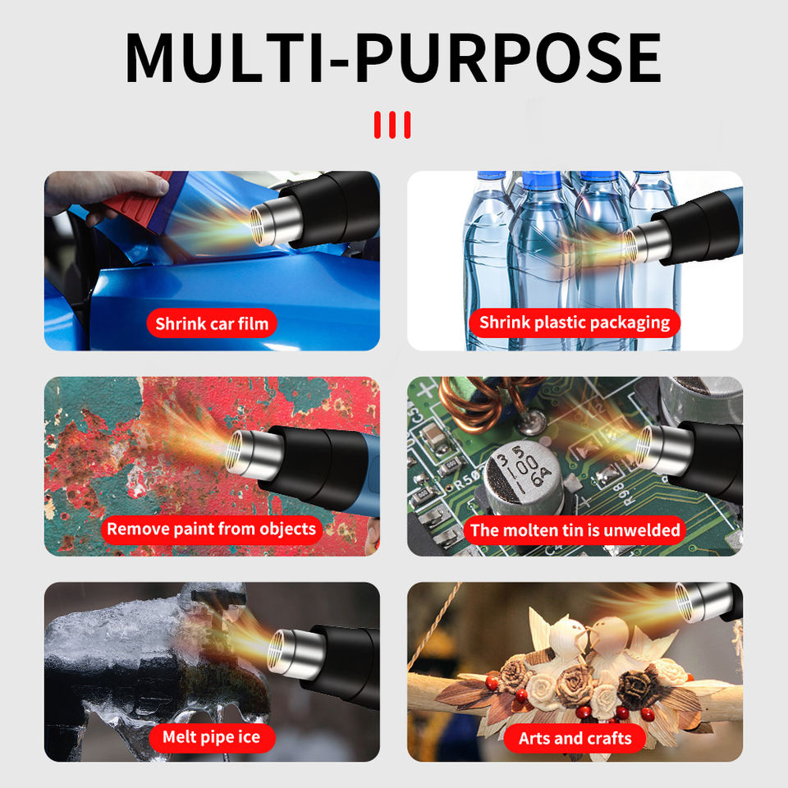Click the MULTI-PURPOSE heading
point(392,57)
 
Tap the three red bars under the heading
point(392,125)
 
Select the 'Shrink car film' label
point(212,323)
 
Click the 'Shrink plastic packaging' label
point(575,323)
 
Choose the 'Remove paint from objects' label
point(212,529)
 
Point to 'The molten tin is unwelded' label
point(575,530)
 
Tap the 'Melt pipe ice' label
point(212,737)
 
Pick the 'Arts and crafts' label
point(575,738)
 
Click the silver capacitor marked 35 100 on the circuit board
point(523,476)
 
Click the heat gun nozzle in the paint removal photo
point(253,454)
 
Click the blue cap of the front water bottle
point(542,181)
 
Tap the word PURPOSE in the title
point(508,57)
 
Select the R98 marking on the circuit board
point(618,493)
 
